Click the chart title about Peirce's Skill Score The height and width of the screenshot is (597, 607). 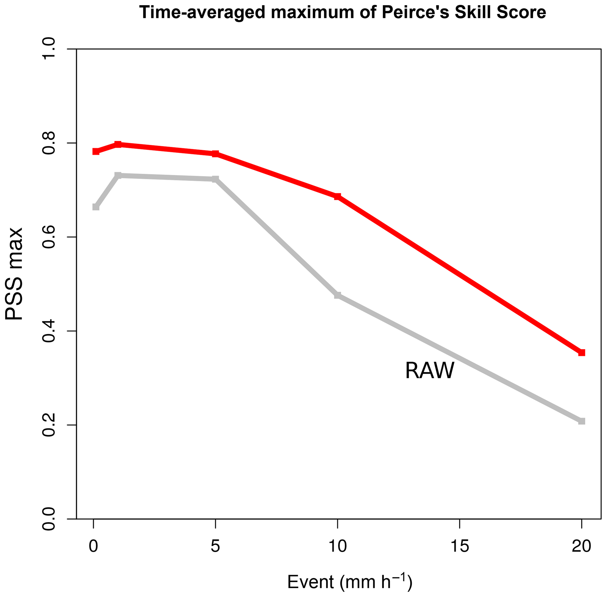[343, 13]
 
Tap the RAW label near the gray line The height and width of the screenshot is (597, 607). [430, 371]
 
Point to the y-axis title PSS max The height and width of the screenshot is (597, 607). [14, 274]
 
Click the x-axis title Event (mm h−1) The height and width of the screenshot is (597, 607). [349, 582]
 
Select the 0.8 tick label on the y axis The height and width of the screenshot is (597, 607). [48, 143]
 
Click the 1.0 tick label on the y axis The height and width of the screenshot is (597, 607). [48, 49]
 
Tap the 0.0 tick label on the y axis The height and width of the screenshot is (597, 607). [48, 519]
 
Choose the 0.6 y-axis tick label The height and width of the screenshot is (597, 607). [48, 237]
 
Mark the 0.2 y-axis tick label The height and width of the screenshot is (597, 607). [48, 425]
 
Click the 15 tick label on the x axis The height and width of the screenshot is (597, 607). [460, 546]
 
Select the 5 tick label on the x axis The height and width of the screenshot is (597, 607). [215, 546]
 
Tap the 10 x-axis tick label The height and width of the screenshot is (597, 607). [337, 546]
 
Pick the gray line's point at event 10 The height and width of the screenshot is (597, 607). [337, 295]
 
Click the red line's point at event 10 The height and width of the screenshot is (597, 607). [337, 196]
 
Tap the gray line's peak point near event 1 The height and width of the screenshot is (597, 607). [118, 175]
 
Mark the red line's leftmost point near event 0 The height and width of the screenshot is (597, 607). [96, 152]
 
